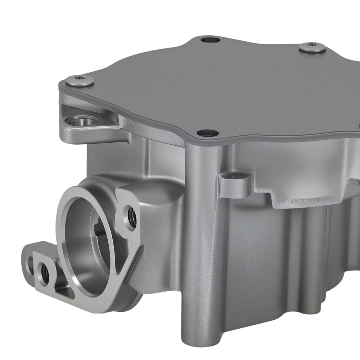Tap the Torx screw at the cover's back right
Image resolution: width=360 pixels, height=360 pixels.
[x=312, y=47]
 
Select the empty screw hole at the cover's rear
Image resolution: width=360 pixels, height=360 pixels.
[x=210, y=39]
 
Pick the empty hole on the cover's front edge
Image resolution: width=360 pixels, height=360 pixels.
[x=208, y=133]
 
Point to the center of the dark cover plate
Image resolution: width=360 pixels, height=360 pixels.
[x=234, y=90]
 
